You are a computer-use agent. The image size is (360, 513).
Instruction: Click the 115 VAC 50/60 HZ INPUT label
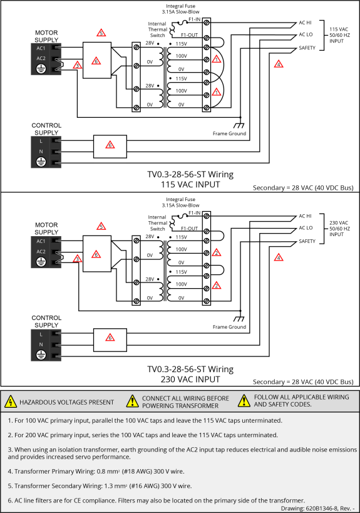[x=339, y=35]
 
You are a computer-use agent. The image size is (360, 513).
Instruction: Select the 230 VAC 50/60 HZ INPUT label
[x=339, y=229]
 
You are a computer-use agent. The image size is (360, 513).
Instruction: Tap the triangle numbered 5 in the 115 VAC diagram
[x=101, y=33]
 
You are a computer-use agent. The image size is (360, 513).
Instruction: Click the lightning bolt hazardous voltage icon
[x=11, y=402]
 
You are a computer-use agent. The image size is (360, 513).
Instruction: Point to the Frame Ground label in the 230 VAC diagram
[x=229, y=327]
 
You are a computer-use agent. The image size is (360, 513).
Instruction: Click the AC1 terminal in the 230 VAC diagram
[x=41, y=241]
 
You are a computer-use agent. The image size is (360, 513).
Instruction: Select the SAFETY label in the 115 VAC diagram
[x=307, y=48]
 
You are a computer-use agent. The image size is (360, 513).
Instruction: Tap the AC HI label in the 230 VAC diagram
[x=305, y=216]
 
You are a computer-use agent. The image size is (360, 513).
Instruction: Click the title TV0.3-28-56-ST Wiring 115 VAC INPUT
[x=190, y=179]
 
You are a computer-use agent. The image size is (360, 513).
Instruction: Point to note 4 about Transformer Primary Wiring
[x=96, y=472]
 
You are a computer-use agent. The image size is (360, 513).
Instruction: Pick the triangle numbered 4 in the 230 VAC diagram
[x=279, y=257]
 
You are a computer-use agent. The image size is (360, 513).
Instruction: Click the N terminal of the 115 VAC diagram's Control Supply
[x=41, y=152]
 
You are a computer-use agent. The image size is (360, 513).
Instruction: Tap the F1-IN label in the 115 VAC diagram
[x=195, y=19]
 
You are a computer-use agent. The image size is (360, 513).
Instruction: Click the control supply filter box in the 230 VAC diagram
[x=110, y=340]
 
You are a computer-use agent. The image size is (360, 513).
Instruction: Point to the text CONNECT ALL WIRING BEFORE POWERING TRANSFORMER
[x=185, y=402]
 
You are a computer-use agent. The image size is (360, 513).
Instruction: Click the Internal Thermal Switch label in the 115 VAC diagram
[x=157, y=29]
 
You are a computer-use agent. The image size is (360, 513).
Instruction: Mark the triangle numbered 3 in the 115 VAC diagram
[x=77, y=65]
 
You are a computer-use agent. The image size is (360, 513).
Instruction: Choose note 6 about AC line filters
[x=157, y=500]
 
